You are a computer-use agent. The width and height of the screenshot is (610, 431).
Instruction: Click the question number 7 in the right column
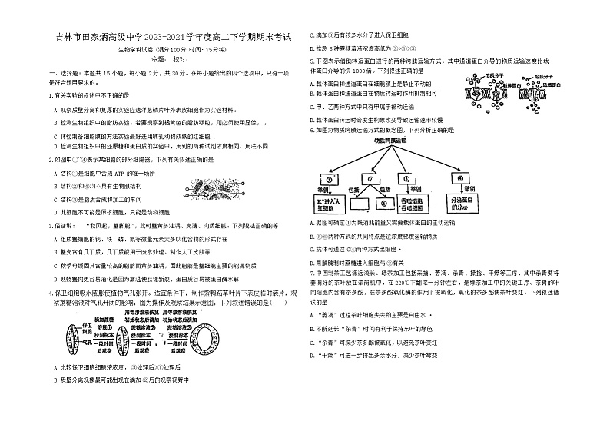click(x=310, y=271)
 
